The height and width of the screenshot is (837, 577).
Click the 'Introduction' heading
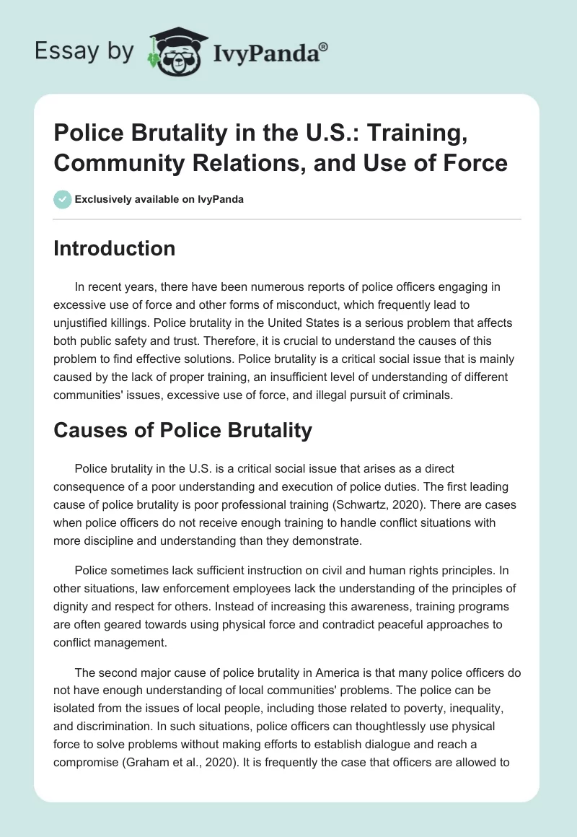(x=115, y=248)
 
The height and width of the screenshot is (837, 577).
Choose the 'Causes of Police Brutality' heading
(x=183, y=431)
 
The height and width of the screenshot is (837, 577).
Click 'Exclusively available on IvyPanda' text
(x=159, y=200)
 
